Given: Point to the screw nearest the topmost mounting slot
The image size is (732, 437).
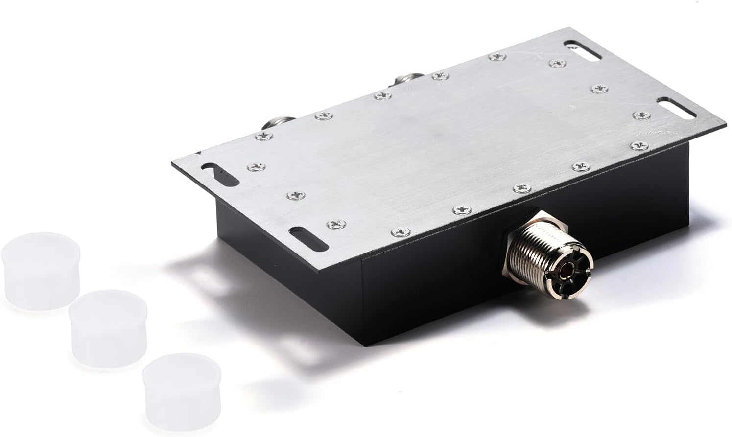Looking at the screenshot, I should pos(557,63).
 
